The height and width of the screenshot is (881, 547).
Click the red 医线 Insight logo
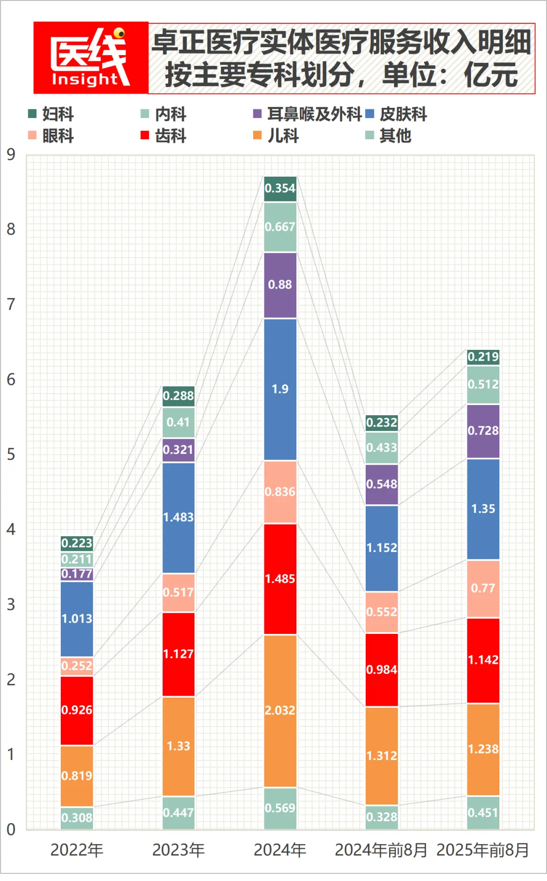click(91, 58)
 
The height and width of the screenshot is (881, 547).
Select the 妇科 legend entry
click(51, 114)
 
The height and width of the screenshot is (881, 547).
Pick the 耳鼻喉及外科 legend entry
click(307, 114)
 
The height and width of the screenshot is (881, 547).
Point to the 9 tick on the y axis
click(11, 154)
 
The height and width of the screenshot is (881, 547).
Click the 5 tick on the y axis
click(11, 454)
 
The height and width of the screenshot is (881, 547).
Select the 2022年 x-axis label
click(77, 850)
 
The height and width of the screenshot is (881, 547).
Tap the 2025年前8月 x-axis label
click(483, 850)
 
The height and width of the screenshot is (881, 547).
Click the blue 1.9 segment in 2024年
click(280, 389)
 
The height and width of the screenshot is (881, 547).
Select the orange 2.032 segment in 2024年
click(280, 710)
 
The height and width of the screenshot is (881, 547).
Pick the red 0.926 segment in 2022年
click(77, 710)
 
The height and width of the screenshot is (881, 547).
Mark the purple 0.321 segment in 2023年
click(178, 450)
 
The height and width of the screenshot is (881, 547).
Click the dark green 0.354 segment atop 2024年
click(280, 188)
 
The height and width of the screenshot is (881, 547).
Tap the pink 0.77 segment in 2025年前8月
click(483, 588)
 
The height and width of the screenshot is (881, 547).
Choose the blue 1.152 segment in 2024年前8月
click(382, 548)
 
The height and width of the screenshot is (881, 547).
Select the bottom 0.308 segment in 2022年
click(77, 817)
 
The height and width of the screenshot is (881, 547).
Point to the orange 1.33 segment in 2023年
click(178, 746)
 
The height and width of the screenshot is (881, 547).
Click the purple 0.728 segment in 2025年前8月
click(483, 431)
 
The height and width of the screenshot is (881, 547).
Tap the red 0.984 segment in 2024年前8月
click(382, 669)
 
